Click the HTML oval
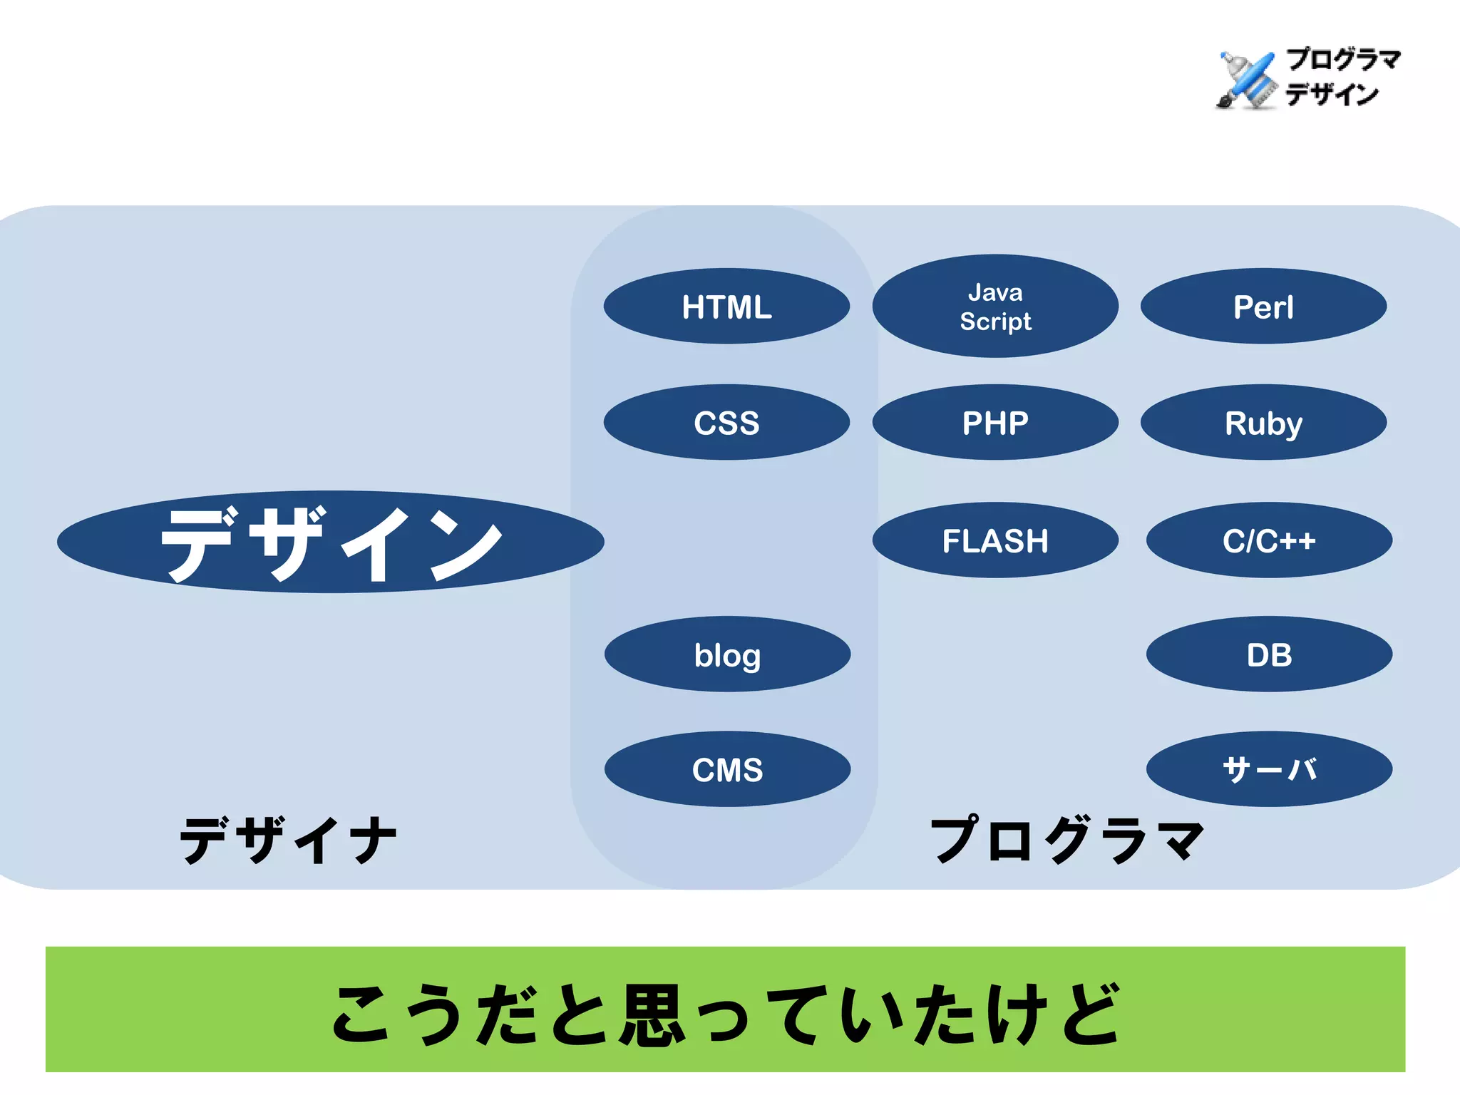pos(726,307)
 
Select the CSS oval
pos(726,423)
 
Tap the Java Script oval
pos(995,307)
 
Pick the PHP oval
pos(995,423)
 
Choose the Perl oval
pos(1263,307)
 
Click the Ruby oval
pos(1263,423)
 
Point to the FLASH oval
pos(995,540)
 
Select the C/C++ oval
pos(1269,540)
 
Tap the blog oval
pos(727,654)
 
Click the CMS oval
pos(727,769)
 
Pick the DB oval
pos(1269,654)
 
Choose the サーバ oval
pos(1269,769)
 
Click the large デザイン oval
pos(330,542)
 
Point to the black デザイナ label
pos(288,840)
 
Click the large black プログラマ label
pos(1067,840)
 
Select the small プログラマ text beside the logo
pos(1343,59)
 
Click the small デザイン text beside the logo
pos(1332,94)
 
